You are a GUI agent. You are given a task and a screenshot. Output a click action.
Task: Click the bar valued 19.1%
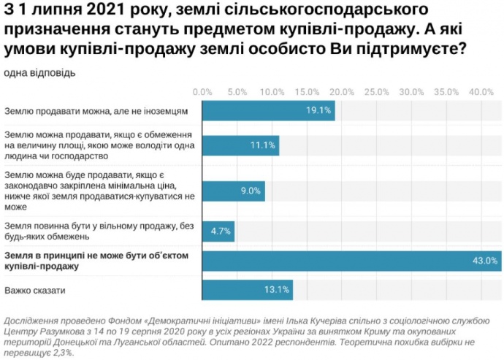pos(267,110)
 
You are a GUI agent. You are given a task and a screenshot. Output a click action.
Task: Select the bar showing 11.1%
pos(240,145)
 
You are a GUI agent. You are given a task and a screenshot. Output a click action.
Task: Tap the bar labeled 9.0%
pos(232,191)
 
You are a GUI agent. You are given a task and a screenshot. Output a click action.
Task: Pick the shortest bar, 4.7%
pos(218,231)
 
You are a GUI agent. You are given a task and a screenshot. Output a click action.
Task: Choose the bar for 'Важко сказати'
pos(247,291)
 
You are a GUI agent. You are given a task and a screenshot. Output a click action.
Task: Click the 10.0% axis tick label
pos(272,92)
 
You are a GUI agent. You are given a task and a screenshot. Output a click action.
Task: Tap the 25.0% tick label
pos(376,92)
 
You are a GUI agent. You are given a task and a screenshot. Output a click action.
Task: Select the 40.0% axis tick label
pos(481,92)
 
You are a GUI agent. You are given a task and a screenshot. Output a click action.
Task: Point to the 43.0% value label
pos(486,260)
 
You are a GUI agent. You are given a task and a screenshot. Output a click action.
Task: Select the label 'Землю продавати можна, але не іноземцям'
pos(96,111)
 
